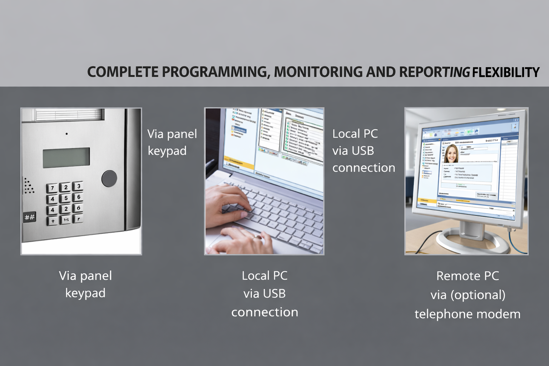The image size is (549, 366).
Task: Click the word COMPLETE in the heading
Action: tap(123, 72)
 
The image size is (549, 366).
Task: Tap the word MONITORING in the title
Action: tap(318, 72)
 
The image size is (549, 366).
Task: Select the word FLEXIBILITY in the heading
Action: tap(505, 72)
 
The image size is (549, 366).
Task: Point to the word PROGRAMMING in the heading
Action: tap(216, 72)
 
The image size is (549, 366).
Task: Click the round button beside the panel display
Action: tap(109, 179)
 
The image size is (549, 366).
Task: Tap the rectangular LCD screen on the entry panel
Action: tap(66, 158)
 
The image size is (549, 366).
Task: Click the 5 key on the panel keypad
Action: tap(66, 198)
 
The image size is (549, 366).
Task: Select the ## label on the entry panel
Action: tap(29, 217)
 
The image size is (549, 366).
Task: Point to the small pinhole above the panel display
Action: tap(66, 134)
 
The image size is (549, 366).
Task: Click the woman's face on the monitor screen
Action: tap(451, 154)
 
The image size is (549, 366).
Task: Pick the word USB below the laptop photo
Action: tap(275, 293)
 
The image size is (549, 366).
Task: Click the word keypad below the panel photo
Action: tap(85, 293)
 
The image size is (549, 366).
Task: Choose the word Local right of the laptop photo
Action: tap(346, 134)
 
